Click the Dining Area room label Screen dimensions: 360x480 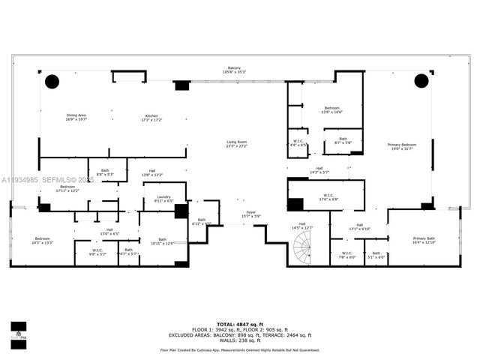point(76,117)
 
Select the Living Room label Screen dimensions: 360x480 point(237,144)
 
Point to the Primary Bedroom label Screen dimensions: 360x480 point(402,146)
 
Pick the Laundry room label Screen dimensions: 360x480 point(163,199)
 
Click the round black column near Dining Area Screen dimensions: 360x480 point(52,80)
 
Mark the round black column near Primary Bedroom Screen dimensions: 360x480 point(420,80)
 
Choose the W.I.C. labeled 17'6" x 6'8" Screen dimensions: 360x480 point(329,198)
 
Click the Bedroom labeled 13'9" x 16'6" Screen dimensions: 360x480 point(332,110)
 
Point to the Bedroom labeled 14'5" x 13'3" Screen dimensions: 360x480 point(41,241)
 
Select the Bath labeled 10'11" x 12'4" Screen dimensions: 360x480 point(162,241)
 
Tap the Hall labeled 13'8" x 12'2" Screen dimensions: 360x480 point(152,173)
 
